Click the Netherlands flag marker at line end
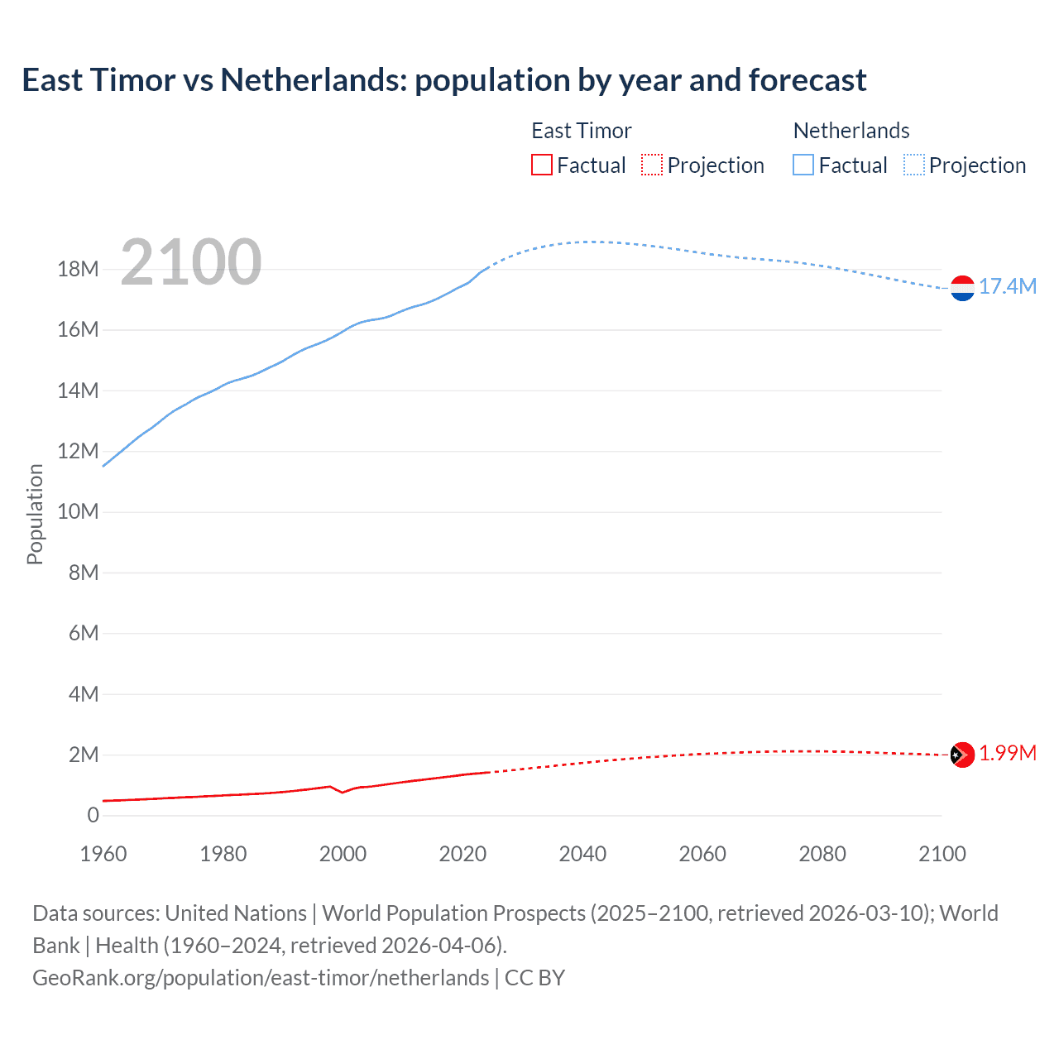point(962,288)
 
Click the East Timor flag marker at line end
point(962,755)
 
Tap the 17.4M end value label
point(1007,287)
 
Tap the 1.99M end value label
point(1007,754)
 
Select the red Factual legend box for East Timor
point(542,165)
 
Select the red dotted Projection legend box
point(652,165)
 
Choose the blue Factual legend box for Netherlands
point(803,165)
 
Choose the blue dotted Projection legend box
point(914,165)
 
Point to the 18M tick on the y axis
point(79,270)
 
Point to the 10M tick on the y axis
point(79,512)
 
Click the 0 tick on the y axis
point(93,816)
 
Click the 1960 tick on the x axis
point(103,854)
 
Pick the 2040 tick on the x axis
point(582,854)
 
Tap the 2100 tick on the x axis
point(942,854)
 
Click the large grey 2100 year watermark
point(191,262)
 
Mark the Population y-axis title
point(35,514)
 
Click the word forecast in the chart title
point(807,80)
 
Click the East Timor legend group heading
point(581,131)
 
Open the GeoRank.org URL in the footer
point(261,978)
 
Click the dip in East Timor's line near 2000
point(343,793)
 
